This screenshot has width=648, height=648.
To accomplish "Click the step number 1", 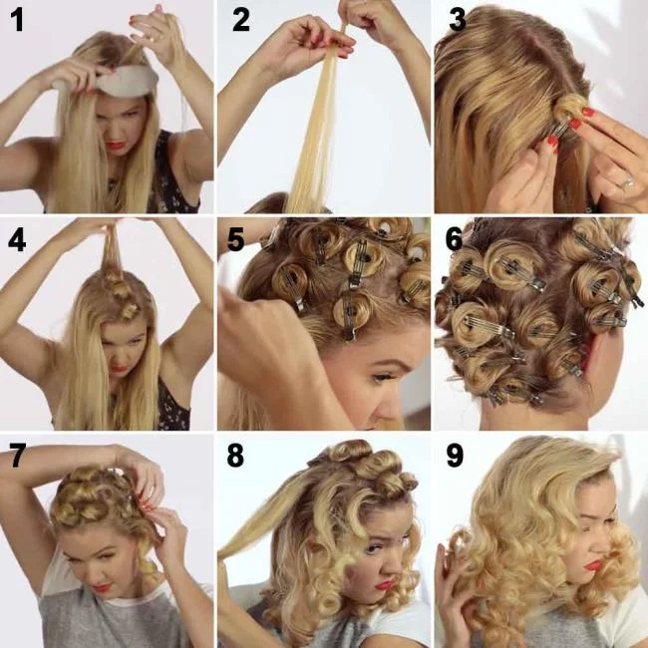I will (17, 20).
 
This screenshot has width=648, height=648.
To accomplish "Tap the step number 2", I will (240, 20).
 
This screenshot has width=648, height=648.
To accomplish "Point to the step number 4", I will (17, 239).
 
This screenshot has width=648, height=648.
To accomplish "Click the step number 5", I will (235, 239).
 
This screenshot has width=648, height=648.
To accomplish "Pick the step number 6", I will (454, 239).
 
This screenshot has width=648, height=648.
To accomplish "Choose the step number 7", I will (17, 457).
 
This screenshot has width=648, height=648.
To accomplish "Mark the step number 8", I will (235, 457).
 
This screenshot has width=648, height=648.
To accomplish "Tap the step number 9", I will (455, 457).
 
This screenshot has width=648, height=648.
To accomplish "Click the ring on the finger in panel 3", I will (627, 183).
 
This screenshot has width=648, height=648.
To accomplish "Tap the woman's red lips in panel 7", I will (103, 586).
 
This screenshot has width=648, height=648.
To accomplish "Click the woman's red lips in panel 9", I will (594, 565).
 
